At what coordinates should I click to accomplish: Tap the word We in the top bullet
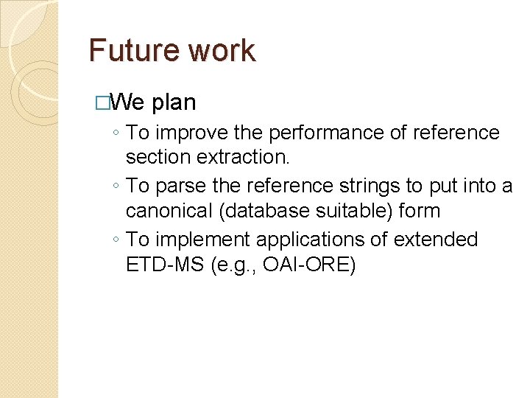pyautogui.click(x=130, y=102)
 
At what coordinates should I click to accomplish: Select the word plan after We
pyautogui.click(x=174, y=102)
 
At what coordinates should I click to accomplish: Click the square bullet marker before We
pyautogui.click(x=102, y=102)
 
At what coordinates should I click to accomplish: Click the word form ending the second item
pyautogui.click(x=419, y=211)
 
